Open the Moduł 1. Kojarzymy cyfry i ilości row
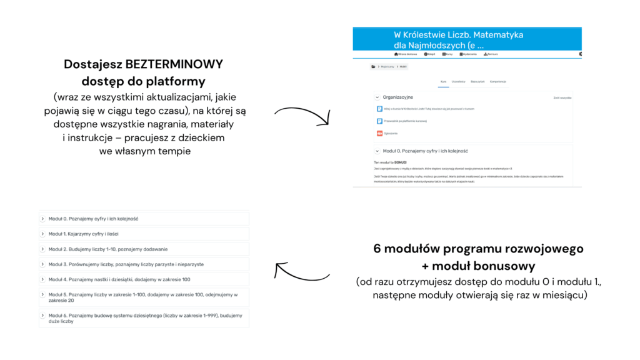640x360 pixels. click(144, 234)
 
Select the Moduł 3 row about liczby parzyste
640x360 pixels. click(144, 264)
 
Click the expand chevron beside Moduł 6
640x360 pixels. click(43, 314)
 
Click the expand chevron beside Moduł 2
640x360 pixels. click(43, 249)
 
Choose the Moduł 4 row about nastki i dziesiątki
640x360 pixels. click(144, 279)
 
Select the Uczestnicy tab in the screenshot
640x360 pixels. click(458, 82)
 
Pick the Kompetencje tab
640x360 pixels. click(498, 82)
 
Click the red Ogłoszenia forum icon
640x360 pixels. click(379, 133)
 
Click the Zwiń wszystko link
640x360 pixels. click(562, 98)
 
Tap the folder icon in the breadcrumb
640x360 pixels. click(373, 66)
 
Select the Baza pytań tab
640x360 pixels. click(477, 82)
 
